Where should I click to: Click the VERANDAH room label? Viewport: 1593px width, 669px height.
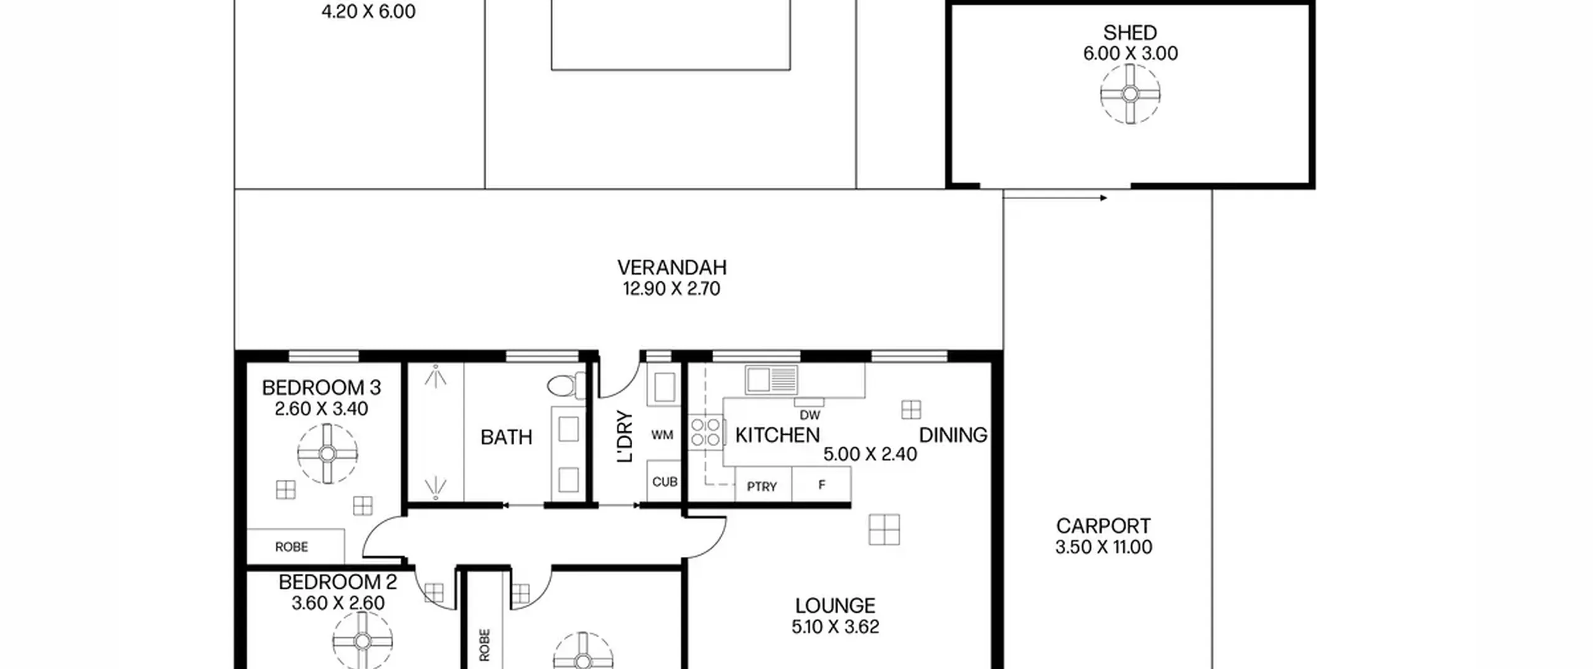point(671,268)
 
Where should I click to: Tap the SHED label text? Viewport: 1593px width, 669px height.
point(1130,32)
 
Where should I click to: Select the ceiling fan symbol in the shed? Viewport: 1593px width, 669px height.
point(1130,94)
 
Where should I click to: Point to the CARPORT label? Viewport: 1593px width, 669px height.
point(1103,526)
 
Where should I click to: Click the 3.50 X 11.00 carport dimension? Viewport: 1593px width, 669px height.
point(1103,547)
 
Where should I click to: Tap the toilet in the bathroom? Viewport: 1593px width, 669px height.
point(566,385)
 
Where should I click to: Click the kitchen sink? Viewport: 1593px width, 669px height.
point(771,379)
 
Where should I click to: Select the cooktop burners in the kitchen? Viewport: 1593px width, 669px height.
point(706,432)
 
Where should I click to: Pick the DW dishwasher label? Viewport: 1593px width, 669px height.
point(810,415)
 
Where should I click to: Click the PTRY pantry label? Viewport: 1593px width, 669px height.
point(762,487)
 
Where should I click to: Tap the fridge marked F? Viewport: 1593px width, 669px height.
point(821,484)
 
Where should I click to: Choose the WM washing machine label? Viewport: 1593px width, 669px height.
point(662,435)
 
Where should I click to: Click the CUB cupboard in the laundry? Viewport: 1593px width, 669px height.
point(664,481)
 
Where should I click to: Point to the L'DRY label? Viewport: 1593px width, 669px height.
point(624,436)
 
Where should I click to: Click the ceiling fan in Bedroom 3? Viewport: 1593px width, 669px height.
point(327,454)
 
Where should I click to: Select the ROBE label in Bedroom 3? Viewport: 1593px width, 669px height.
point(291,547)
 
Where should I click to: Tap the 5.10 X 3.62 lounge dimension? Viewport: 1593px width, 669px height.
point(835,627)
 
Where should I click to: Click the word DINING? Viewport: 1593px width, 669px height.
point(953,435)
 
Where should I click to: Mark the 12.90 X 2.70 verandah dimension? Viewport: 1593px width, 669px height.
point(671,289)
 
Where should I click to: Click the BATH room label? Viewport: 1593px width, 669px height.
point(507,437)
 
